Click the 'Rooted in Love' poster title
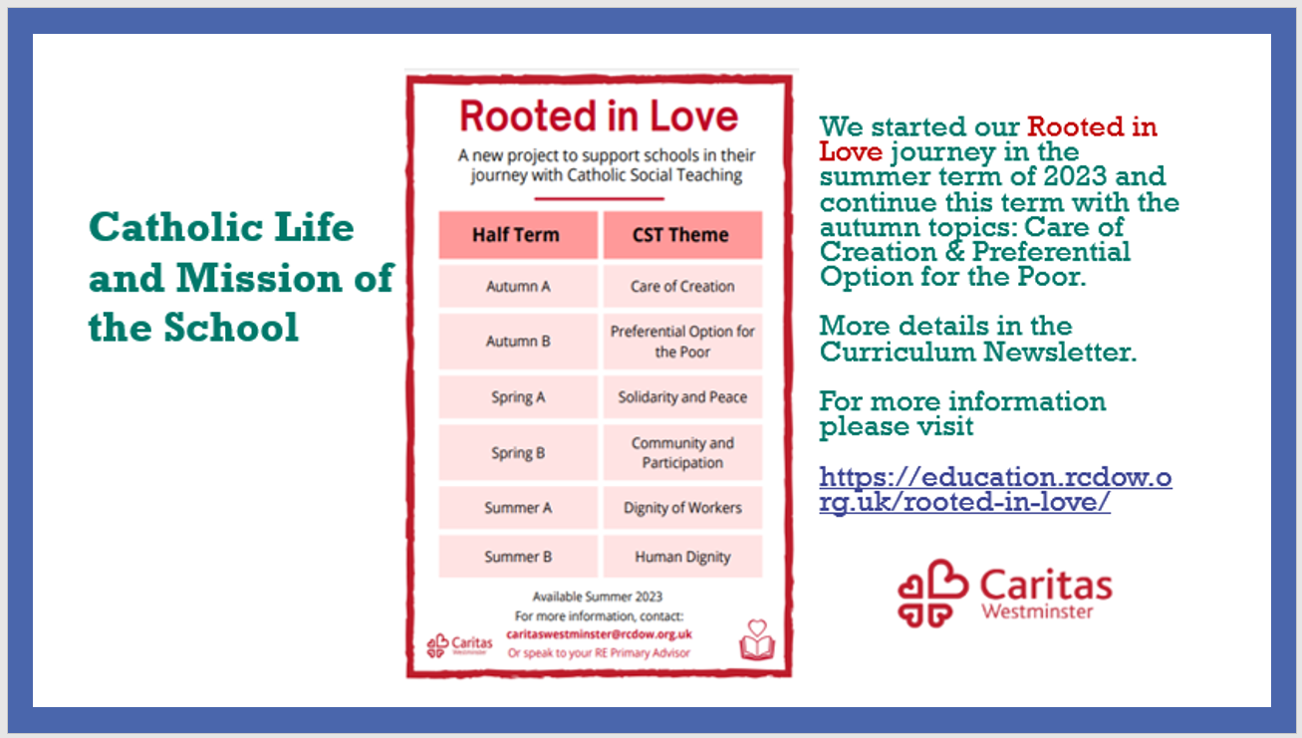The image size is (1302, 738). pyautogui.click(x=599, y=116)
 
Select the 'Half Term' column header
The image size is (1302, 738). pyautogui.click(x=518, y=235)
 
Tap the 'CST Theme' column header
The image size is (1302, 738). pyautogui.click(x=682, y=235)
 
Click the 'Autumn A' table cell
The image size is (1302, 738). pyautogui.click(x=518, y=286)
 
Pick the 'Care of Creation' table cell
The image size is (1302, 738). pyautogui.click(x=682, y=286)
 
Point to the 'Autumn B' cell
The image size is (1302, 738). pyautogui.click(x=518, y=341)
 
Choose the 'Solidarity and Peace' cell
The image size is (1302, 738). pyautogui.click(x=682, y=397)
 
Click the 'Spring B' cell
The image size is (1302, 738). pyautogui.click(x=518, y=453)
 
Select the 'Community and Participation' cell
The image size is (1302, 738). pyautogui.click(x=682, y=453)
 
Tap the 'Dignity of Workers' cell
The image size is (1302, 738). pyautogui.click(x=682, y=508)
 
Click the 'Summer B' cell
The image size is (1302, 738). pyautogui.click(x=518, y=557)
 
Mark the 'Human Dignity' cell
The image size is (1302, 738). pyautogui.click(x=682, y=557)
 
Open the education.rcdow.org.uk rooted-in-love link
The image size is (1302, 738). pyautogui.click(x=995, y=490)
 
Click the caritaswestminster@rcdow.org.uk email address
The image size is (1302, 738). pyautogui.click(x=599, y=634)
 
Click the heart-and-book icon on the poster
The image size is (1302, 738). pyautogui.click(x=757, y=639)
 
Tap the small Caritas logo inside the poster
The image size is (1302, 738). pyautogui.click(x=459, y=644)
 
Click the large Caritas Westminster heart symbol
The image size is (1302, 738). pyautogui.click(x=932, y=594)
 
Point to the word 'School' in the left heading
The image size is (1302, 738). pyautogui.click(x=231, y=327)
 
